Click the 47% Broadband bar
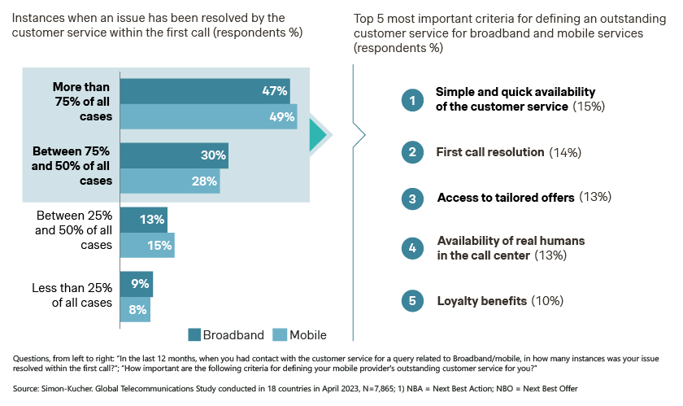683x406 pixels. click(205, 91)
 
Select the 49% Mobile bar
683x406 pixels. click(209, 116)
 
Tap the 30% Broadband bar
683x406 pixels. click(174, 155)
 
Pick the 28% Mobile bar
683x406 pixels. click(170, 181)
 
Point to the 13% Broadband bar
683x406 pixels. click(144, 220)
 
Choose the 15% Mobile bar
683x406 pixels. click(147, 245)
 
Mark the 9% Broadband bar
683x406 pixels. click(137, 284)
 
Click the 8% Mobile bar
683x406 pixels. click(135, 310)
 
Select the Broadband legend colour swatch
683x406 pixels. click(194, 335)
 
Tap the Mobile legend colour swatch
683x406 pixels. click(280, 335)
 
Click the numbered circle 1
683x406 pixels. click(412, 100)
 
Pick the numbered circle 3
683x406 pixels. click(412, 199)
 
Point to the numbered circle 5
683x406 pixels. click(412, 301)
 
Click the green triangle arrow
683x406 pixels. click(317, 135)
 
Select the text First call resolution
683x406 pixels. click(490, 152)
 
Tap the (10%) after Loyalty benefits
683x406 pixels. click(547, 301)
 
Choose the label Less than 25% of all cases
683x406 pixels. click(72, 295)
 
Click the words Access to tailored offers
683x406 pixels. click(506, 198)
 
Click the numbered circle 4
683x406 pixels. click(412, 248)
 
